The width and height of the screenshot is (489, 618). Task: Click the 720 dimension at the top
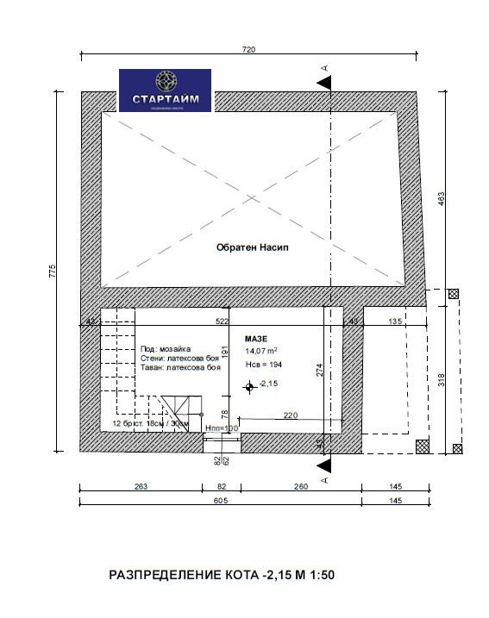click(x=249, y=51)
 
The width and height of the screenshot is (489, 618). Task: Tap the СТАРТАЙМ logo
click(x=165, y=91)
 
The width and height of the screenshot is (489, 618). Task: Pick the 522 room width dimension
click(x=222, y=321)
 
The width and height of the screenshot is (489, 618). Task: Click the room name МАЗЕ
click(x=256, y=339)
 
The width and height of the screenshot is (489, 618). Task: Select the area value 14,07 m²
click(x=260, y=352)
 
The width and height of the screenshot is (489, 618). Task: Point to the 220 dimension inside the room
click(x=291, y=415)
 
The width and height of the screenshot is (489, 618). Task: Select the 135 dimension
click(x=396, y=321)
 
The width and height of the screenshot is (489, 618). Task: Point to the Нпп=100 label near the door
click(x=221, y=428)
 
